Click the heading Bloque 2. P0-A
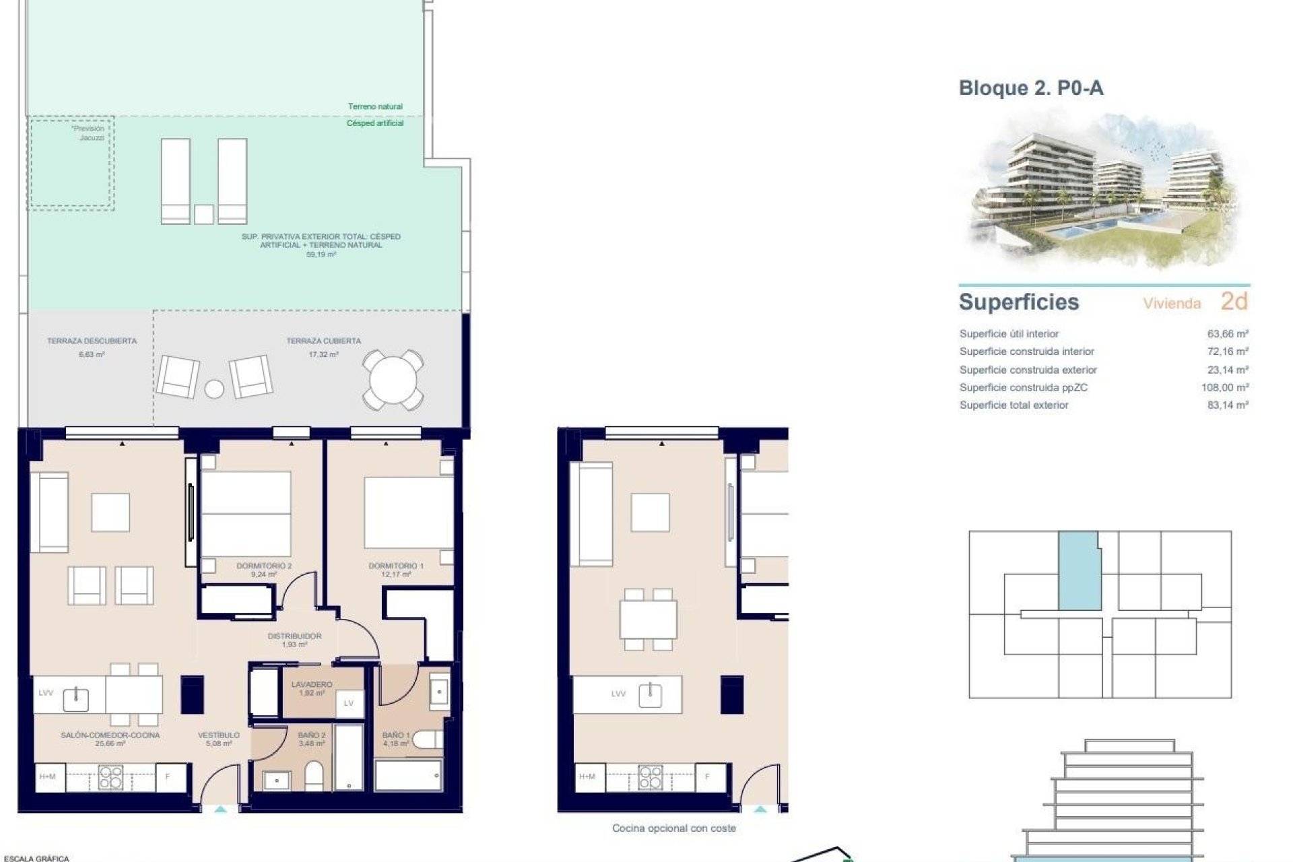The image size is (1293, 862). pos(1030,88)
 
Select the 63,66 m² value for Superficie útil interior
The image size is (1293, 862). pos(1228,333)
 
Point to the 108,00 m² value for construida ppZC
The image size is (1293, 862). pos(1224,387)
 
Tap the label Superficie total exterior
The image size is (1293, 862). pos(1014,405)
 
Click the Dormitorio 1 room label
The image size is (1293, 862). pos(396,566)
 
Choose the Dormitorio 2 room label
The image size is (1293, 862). pos(264,566)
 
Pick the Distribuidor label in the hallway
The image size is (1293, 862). pos(294,636)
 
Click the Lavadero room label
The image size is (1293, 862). pos(311,684)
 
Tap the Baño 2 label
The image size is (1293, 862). pos(311,735)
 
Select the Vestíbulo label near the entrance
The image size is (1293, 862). pos(219,735)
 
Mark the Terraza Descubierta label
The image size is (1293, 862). pos(92,341)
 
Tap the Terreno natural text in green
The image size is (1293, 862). pos(375,106)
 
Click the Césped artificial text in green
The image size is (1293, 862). pos(375,123)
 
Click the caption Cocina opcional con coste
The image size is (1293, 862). pos(673,828)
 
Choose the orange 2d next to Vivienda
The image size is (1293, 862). pos(1234,302)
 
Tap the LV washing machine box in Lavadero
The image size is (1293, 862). pos(349,703)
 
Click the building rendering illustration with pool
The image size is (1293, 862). pos(1104,192)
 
